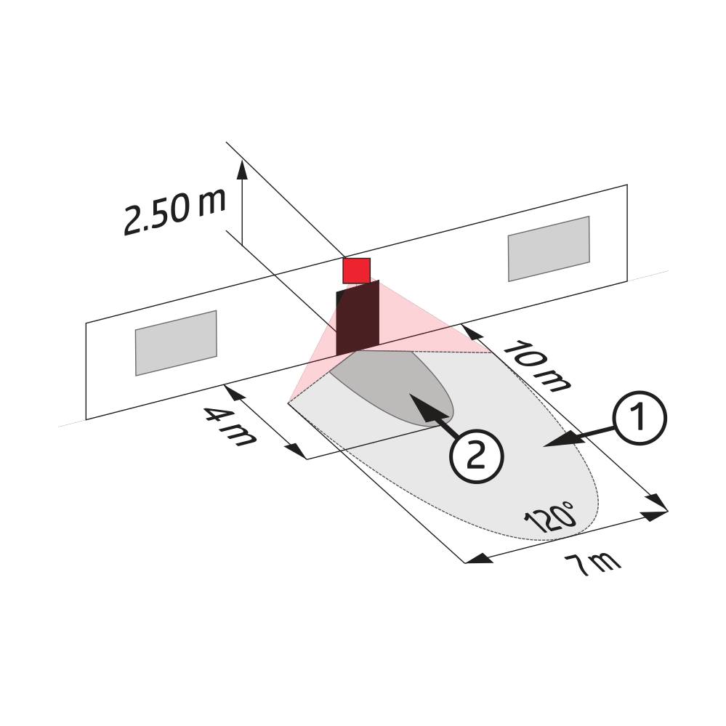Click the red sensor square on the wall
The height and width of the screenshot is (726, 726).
(x=356, y=270)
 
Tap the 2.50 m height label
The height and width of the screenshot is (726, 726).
(x=174, y=211)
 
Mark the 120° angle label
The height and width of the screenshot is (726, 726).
(x=550, y=517)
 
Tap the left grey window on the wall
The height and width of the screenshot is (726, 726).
(x=176, y=342)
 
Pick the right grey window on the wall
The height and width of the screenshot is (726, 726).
(x=549, y=249)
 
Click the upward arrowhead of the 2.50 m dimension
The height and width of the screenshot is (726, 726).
(x=242, y=169)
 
